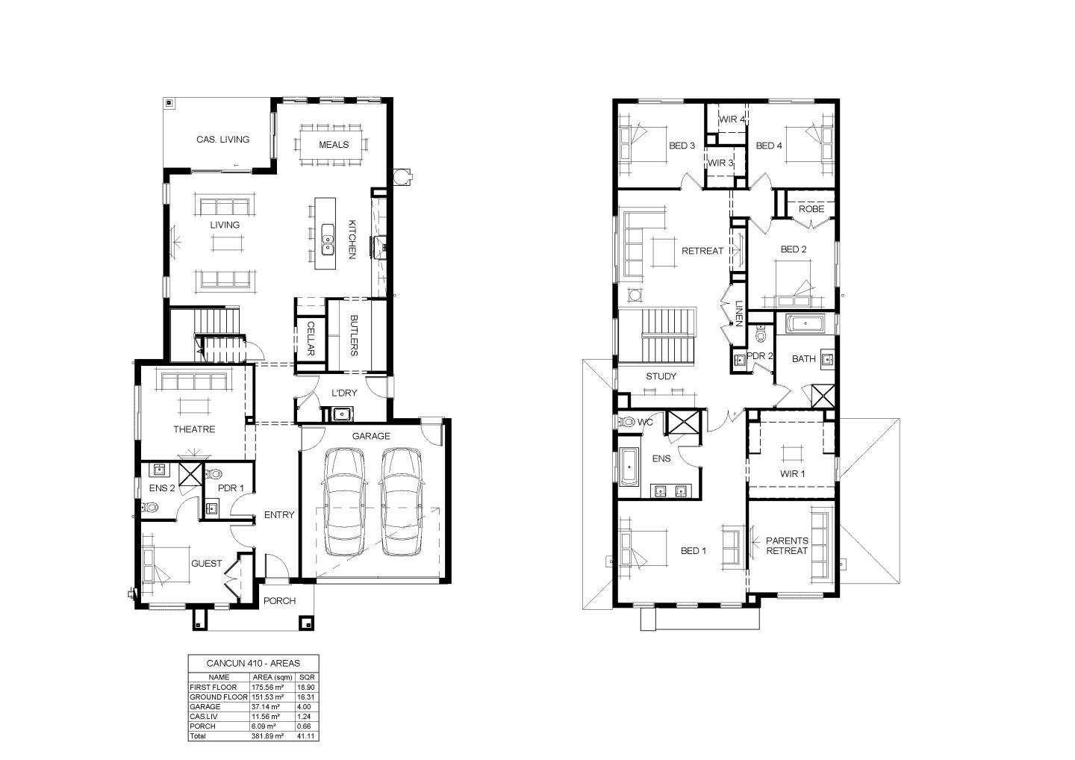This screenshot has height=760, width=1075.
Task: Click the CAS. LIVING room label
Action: (x=222, y=140)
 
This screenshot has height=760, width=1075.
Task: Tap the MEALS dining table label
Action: (x=334, y=145)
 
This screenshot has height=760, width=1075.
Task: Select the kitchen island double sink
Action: (x=328, y=239)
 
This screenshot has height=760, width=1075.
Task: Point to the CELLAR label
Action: (x=311, y=339)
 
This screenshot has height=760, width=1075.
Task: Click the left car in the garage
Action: (x=344, y=502)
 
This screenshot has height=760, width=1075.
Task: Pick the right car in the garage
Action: (x=402, y=502)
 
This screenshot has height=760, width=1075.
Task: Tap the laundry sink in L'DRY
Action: (x=341, y=413)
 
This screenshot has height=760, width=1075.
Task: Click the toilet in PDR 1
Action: (x=214, y=475)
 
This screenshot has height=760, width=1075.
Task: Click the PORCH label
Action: (x=279, y=601)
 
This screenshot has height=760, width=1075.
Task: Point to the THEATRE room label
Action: (x=194, y=429)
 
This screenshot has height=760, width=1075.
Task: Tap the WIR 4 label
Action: (x=732, y=119)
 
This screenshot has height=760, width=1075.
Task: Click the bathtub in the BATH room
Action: (x=805, y=324)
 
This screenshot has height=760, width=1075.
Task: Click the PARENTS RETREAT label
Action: (x=787, y=546)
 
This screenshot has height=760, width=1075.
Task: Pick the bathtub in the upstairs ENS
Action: (x=629, y=467)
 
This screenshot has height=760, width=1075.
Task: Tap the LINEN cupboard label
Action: (x=739, y=314)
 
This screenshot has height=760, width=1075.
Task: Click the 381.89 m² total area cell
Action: (x=267, y=736)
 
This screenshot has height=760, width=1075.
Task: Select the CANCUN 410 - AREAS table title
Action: (x=253, y=664)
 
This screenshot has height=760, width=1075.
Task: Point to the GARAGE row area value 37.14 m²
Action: (x=266, y=707)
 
